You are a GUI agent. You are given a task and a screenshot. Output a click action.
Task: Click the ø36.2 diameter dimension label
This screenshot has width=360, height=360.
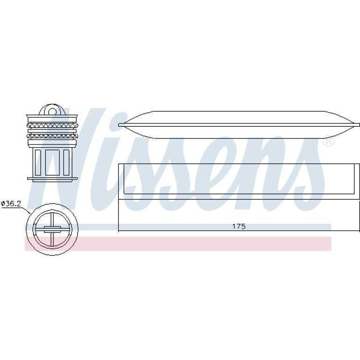[x=11, y=203]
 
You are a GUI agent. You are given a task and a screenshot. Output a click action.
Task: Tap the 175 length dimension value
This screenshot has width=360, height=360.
[x=239, y=226]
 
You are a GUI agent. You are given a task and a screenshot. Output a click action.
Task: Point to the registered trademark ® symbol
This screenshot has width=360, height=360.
[x=328, y=141]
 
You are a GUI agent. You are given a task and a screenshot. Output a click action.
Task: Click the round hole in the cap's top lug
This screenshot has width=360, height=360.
[x=52, y=112]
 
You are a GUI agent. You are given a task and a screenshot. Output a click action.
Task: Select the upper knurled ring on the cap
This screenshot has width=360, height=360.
[x=52, y=125]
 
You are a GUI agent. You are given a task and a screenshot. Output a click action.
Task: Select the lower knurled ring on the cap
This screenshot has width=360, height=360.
[x=52, y=136]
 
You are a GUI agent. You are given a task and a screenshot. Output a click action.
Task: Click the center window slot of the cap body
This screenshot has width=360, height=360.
[x=52, y=162]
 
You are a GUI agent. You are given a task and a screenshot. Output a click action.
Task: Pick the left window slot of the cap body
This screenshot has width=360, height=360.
[x=38, y=162]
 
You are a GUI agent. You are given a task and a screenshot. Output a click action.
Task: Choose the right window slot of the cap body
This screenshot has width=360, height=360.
[x=66, y=162]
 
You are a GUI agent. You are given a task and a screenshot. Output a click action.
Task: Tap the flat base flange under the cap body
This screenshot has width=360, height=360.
[x=52, y=179]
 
